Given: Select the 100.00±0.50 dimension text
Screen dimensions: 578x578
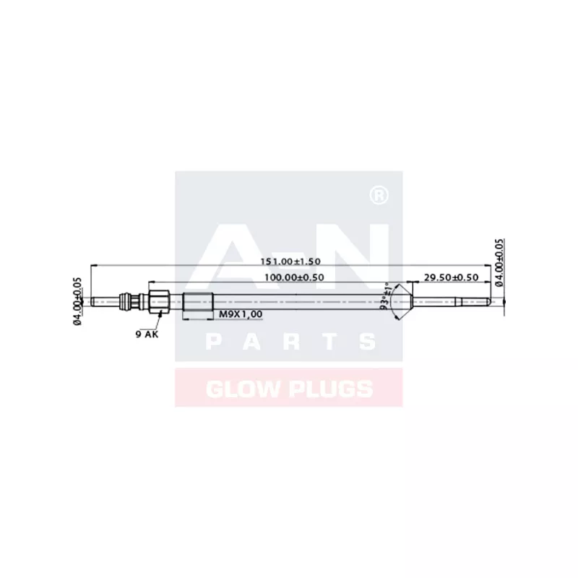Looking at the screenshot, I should point(293,277).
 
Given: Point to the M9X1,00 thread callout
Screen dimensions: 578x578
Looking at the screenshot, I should point(241,314).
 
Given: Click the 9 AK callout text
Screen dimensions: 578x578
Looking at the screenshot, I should point(146,334).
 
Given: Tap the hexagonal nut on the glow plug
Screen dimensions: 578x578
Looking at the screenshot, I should point(160,300).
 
